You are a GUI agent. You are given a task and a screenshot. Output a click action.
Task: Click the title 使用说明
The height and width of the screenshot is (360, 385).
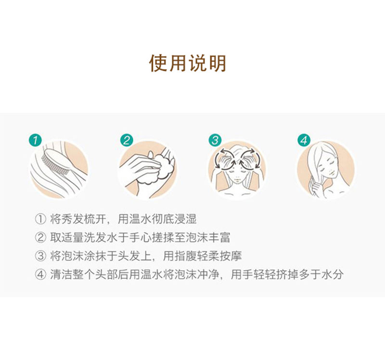click(x=188, y=63)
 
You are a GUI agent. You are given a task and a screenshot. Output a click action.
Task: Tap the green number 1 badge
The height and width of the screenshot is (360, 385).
click(x=35, y=140)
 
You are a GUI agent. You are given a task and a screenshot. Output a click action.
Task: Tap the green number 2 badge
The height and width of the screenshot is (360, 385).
click(x=127, y=140)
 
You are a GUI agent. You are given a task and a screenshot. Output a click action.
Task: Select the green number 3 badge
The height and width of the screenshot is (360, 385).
click(x=215, y=140)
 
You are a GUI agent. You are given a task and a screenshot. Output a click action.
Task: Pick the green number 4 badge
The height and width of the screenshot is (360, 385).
click(x=304, y=140)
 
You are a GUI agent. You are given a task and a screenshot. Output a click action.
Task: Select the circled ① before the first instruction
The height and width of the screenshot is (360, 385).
click(x=40, y=219)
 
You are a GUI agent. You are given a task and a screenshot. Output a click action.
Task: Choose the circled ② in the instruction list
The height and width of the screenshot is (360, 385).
click(x=40, y=237)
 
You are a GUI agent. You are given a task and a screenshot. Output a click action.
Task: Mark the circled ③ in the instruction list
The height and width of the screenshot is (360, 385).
click(x=40, y=256)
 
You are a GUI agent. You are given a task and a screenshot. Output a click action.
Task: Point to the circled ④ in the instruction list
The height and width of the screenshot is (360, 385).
click(x=40, y=274)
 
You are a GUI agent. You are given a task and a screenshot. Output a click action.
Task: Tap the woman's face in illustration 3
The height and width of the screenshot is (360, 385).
click(x=237, y=175)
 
